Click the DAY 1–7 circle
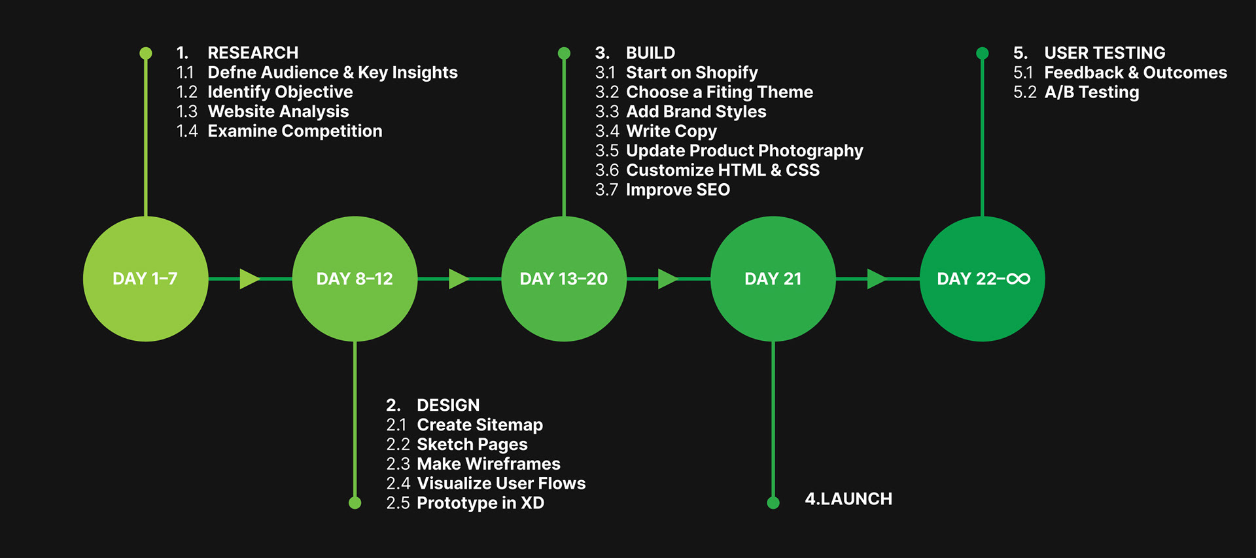click(145, 279)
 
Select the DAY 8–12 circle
click(355, 279)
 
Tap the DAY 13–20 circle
click(563, 279)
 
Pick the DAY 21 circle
click(773, 279)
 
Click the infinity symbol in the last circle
click(1018, 279)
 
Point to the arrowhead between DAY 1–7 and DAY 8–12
click(249, 279)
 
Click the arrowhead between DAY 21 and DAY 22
click(876, 279)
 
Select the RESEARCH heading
click(253, 53)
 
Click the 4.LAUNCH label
click(848, 499)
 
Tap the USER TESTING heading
click(1104, 53)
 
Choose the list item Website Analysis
click(278, 112)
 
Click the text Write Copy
click(671, 131)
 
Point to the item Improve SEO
click(678, 190)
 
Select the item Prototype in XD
click(480, 503)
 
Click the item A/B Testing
click(1091, 92)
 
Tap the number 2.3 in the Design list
click(398, 464)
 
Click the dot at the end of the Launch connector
click(773, 502)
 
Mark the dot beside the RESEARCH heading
click(146, 53)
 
